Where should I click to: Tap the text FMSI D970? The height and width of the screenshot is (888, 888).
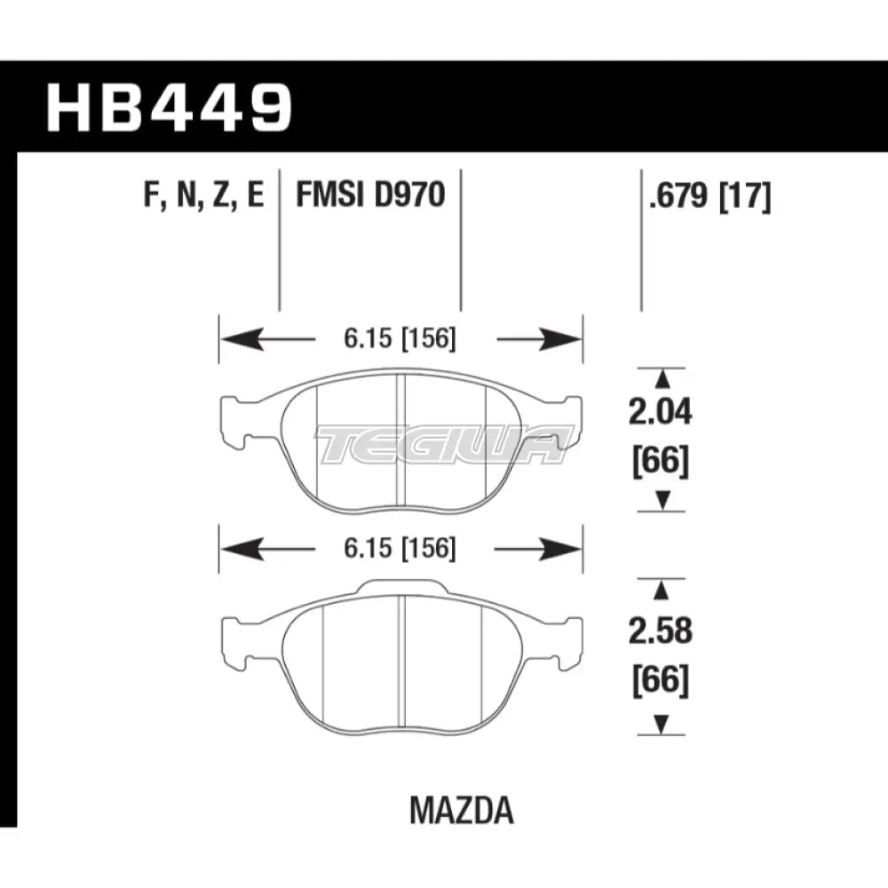(x=370, y=194)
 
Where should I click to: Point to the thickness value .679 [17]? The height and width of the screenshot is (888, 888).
(x=710, y=194)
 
